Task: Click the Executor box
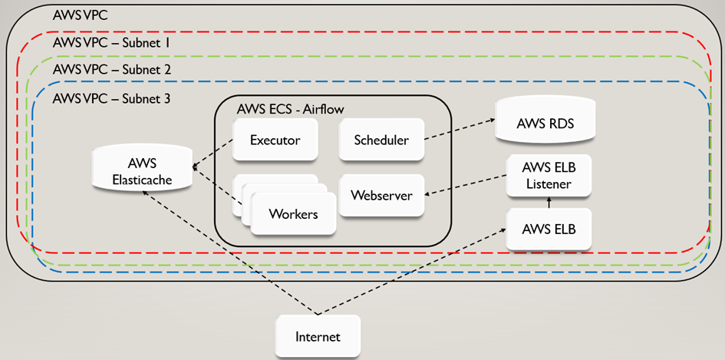[x=275, y=140]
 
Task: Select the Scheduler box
[x=381, y=140]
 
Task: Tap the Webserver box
[x=381, y=195]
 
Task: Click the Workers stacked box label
[x=293, y=213]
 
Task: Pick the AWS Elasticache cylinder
[x=140, y=173]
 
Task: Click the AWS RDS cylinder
[x=545, y=123]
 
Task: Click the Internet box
[x=317, y=336]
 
